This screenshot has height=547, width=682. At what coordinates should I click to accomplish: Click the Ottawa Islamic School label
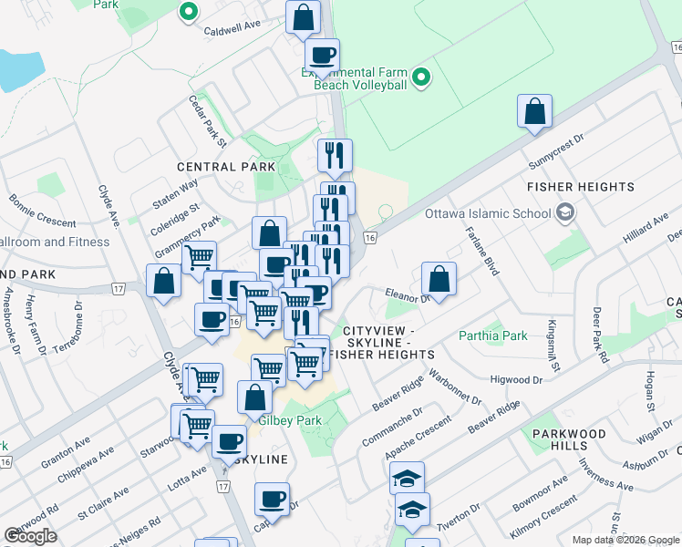pyautogui.click(x=487, y=214)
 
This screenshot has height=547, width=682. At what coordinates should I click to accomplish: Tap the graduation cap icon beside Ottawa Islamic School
pyautogui.click(x=565, y=213)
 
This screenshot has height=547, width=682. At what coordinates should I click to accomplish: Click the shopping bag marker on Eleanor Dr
pyautogui.click(x=439, y=280)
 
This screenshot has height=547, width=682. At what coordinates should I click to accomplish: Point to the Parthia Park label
pyautogui.click(x=493, y=335)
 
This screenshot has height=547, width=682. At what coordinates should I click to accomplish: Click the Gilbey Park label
pyautogui.click(x=290, y=420)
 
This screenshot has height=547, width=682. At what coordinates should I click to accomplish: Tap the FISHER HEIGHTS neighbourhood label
pyautogui.click(x=581, y=187)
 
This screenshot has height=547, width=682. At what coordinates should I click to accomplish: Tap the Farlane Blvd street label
pyautogui.click(x=483, y=252)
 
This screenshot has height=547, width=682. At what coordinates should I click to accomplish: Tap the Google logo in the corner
pyautogui.click(x=30, y=536)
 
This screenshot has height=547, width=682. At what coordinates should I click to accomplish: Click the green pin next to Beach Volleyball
pyautogui.click(x=421, y=78)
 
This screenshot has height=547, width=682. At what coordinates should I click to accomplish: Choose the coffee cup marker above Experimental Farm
pyautogui.click(x=321, y=56)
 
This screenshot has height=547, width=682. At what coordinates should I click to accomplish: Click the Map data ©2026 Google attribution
pyautogui.click(x=625, y=540)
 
